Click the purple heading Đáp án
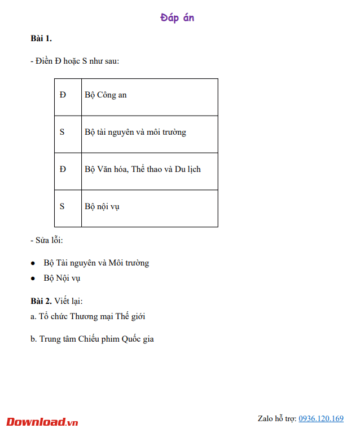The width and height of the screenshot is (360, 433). click(177, 18)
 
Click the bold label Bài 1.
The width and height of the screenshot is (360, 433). click(41, 38)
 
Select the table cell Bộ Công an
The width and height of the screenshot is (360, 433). click(106, 95)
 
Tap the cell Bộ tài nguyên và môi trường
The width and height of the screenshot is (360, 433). click(135, 132)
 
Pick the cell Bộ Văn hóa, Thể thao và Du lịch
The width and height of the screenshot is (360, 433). click(143, 169)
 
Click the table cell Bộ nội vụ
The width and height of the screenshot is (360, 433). click(102, 206)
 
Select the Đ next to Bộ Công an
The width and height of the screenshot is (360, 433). click(63, 95)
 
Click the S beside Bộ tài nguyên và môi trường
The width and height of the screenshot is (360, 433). click(62, 132)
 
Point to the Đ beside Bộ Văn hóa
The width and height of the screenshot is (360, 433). click(63, 169)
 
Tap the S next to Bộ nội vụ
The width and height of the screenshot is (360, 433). click(62, 206)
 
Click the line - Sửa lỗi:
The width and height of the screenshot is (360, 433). click(47, 241)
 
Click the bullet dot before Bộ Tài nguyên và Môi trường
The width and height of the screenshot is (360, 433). click(33, 263)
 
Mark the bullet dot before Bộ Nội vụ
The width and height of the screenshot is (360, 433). click(33, 279)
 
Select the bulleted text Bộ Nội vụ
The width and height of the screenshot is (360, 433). click(62, 278)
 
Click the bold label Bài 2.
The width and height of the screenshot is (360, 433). click(41, 301)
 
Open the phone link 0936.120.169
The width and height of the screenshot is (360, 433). click(321, 419)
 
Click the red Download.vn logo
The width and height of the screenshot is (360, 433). click(42, 422)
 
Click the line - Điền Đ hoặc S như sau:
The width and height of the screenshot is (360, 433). click(74, 61)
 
